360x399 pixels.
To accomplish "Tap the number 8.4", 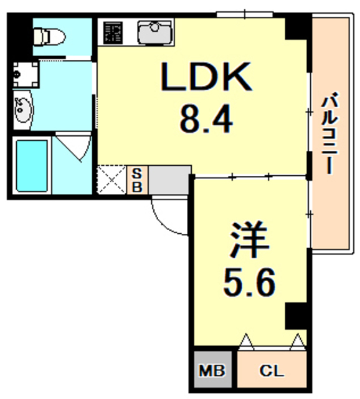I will (206, 118).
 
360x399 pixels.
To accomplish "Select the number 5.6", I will (249, 284).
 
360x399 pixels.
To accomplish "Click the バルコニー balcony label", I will (330, 133).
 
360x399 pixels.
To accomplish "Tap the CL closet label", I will (272, 372).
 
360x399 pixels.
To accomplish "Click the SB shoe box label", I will (137, 180).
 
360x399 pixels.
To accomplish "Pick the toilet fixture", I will (49, 37).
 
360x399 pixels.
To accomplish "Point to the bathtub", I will (31, 165).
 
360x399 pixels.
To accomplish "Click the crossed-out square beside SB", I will (112, 180).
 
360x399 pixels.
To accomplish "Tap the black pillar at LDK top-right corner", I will (298, 26).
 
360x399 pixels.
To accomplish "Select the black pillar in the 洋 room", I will (297, 316).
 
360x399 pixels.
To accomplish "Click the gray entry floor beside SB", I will (169, 180).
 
